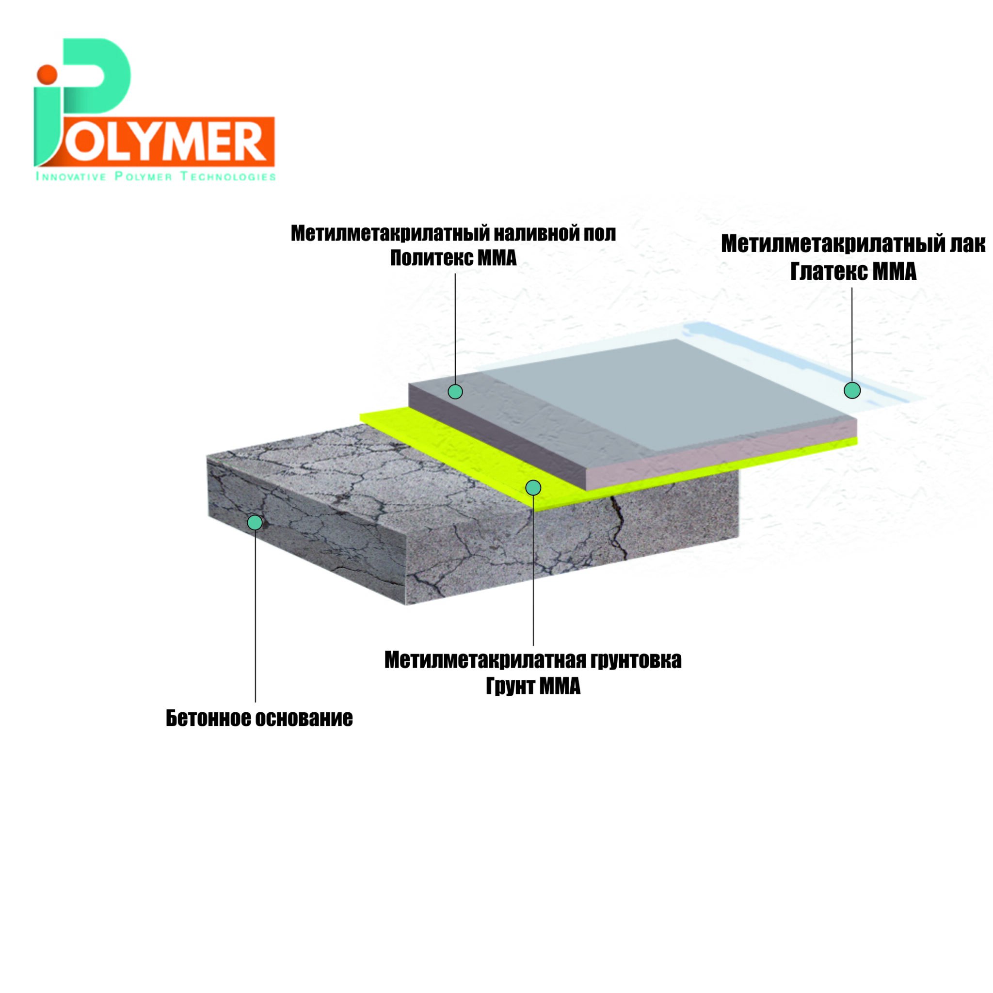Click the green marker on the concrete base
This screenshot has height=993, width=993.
click(255, 522)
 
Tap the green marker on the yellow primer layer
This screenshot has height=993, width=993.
click(533, 487)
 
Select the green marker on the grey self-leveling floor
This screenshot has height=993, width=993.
click(455, 392)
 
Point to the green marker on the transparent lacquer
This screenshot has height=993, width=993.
click(852, 390)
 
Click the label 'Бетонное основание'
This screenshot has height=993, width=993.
click(259, 718)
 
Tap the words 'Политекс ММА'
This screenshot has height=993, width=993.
click(453, 258)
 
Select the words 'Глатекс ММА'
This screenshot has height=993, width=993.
click(853, 272)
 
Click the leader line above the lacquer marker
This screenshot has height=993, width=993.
click(852, 335)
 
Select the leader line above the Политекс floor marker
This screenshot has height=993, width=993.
click(455, 329)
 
